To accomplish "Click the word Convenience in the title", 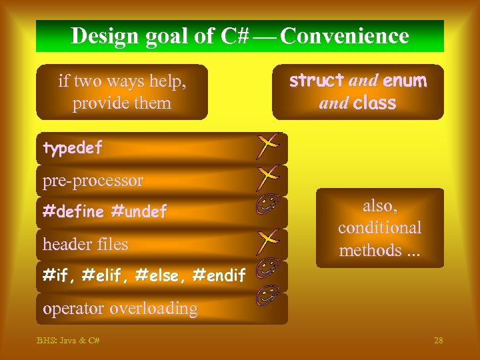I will [345, 36].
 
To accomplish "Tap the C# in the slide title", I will [234, 36].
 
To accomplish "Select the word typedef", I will [72, 149].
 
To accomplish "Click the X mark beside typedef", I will [266, 145].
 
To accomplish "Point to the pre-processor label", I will [93, 181].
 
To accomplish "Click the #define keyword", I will [73, 212].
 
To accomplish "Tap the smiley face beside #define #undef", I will [266, 207].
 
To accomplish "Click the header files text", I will [85, 245].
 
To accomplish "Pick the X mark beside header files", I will [267, 239].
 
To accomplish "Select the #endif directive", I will [219, 275].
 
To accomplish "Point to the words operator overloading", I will [120, 309].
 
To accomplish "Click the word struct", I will [316, 81].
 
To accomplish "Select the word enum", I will [404, 81].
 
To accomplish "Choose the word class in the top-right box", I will [374, 103].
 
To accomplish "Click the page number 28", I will [438, 341].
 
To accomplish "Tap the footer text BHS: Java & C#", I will [69, 341].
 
